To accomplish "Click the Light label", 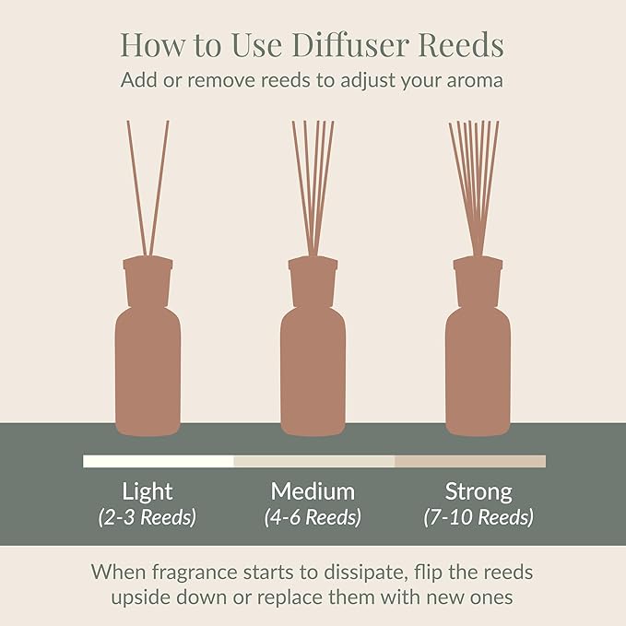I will click(148, 490).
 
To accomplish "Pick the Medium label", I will click(313, 490).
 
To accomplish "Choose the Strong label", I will click(478, 490).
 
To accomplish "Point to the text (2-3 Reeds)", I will click(148, 517).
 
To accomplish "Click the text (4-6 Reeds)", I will click(313, 517).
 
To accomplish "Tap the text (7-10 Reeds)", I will click(478, 517).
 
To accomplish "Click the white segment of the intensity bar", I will click(158, 461).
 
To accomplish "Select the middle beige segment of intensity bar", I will click(313, 461).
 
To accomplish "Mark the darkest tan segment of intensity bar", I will click(470, 461).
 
